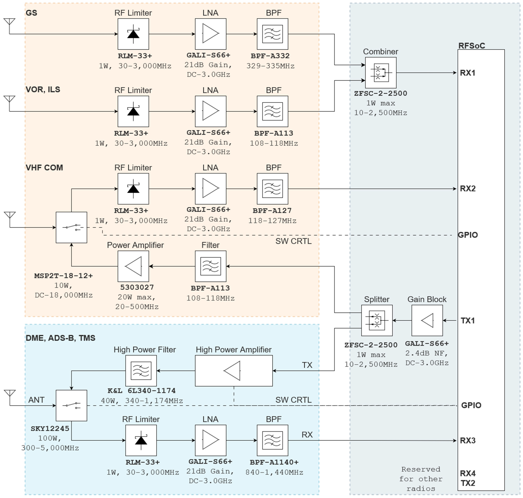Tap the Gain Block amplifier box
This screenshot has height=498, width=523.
[427, 320]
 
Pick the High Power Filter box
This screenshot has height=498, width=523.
[141, 371]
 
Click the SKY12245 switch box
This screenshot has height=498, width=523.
[71, 405]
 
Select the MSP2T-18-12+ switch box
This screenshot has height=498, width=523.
[71, 227]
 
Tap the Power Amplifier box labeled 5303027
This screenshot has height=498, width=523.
[133, 266]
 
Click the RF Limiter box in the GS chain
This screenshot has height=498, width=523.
[133, 34]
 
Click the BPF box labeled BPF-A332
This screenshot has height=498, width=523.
[272, 34]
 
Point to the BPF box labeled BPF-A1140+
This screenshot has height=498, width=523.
[272, 440]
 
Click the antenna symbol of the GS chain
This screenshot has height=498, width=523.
[10, 23]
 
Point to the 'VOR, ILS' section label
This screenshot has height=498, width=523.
[43, 89]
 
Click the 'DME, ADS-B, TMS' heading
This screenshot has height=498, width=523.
[60, 338]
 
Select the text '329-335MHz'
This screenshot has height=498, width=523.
[270, 66]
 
